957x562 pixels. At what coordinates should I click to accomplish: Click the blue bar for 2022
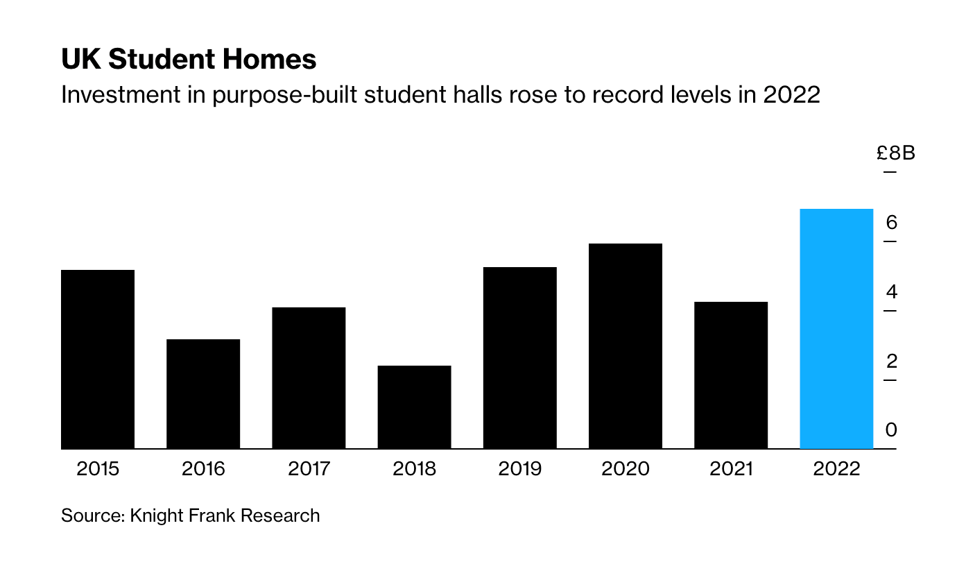836,329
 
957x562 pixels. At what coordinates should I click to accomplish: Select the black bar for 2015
98,359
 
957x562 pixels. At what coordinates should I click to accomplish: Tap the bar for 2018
415,407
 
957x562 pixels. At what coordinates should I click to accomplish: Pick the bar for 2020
626,346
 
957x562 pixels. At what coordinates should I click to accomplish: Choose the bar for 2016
203,394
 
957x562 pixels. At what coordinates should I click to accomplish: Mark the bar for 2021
731,375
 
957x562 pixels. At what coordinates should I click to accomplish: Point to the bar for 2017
309,378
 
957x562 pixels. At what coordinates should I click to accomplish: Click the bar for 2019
520,358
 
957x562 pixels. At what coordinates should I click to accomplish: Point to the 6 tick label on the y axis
891,223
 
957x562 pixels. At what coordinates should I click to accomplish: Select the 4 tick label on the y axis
891,292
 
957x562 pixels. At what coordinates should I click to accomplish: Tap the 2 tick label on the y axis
891,361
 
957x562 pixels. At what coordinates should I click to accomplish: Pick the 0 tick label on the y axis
891,430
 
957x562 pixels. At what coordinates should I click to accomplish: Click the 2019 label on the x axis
520,469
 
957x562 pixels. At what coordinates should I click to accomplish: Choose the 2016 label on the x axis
203,469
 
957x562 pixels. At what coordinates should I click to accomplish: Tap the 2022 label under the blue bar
836,469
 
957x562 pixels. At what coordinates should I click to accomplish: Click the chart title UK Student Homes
189,60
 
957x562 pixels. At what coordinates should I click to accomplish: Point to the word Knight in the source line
155,516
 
